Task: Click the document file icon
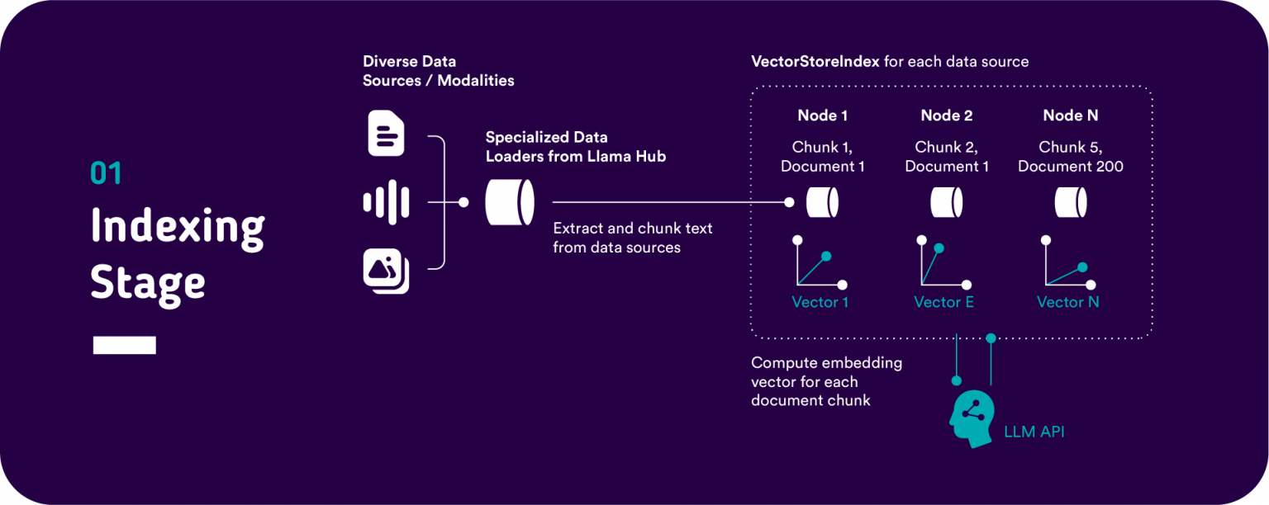[386, 134]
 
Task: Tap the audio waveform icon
[386, 201]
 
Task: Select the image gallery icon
[386, 271]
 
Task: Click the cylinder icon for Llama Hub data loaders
[509, 202]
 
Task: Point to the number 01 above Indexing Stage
[106, 173]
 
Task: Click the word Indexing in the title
[177, 226]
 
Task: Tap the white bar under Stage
[124, 345]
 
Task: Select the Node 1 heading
[822, 116]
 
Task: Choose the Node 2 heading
[946, 116]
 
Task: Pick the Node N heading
[1070, 116]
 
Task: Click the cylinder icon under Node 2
[946, 202]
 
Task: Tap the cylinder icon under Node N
[1070, 202]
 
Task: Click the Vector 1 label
[820, 302]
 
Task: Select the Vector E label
[943, 302]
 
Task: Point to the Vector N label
[1067, 302]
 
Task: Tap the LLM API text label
[1034, 432]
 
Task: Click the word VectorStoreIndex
[815, 62]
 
